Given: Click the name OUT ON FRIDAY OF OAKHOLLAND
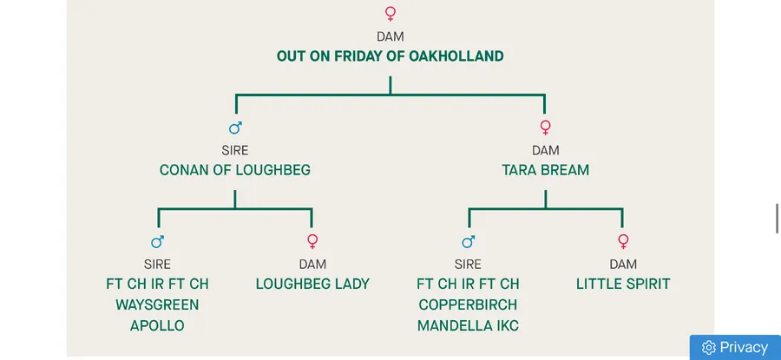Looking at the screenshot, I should (x=390, y=56).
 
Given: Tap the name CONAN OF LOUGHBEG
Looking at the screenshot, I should (x=234, y=170).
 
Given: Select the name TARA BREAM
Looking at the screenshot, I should (x=545, y=170).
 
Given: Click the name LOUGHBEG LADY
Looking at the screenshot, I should (x=312, y=284).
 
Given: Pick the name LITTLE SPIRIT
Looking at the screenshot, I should (x=623, y=284).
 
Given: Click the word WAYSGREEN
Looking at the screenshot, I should (x=157, y=304).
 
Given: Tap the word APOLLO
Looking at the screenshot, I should (x=157, y=326).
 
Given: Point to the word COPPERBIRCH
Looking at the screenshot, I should (x=468, y=304).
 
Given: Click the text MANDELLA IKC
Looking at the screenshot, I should (x=468, y=326).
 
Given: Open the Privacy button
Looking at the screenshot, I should (x=735, y=347).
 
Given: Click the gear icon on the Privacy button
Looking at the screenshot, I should (x=708, y=348).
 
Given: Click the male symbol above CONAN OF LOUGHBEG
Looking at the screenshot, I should (x=235, y=128).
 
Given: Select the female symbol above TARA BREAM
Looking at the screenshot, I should (x=545, y=128).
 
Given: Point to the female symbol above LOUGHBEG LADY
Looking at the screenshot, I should (x=312, y=242).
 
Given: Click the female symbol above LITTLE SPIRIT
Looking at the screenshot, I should (x=623, y=242).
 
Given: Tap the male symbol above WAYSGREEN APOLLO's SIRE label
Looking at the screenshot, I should (x=157, y=242).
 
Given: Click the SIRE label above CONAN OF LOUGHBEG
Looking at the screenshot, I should (x=234, y=150).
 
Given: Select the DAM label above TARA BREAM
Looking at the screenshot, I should (x=545, y=150).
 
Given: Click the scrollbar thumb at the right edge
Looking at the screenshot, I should (x=777, y=219).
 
